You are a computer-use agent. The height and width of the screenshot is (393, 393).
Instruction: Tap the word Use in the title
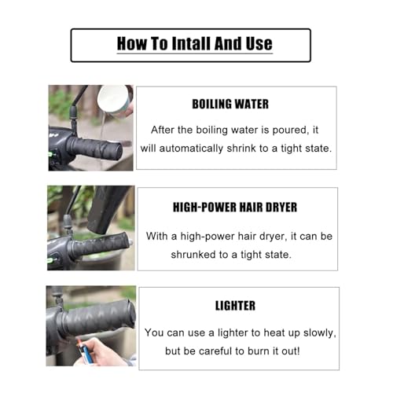click(259, 43)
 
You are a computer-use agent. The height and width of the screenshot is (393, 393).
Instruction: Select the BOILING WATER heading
click(230, 104)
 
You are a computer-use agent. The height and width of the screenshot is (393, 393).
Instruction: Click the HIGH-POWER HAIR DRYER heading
click(235, 208)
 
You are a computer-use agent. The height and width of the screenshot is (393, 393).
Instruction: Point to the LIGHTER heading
click(235, 306)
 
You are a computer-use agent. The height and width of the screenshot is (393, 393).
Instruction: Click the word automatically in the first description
click(191, 149)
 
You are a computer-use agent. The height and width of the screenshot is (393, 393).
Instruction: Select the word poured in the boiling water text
click(291, 130)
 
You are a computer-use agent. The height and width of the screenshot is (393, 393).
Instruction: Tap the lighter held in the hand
click(85, 351)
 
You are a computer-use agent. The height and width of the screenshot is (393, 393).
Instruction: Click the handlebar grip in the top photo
click(94, 148)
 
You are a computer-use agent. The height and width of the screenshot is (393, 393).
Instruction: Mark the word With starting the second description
click(157, 237)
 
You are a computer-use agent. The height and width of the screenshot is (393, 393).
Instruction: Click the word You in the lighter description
click(154, 332)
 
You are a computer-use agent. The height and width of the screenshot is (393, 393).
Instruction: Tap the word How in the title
click(132, 43)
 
